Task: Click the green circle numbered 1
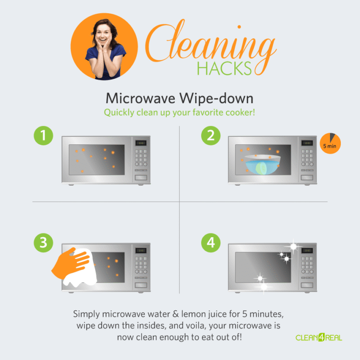[x=44, y=135]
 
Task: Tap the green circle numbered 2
[x=210, y=135]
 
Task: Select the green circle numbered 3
[x=44, y=243]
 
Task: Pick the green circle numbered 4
[x=210, y=243]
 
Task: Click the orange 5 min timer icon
[x=330, y=144]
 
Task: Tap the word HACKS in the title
[x=225, y=68]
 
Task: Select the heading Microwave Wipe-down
[x=180, y=98]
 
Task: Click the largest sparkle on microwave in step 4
[x=293, y=246]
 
